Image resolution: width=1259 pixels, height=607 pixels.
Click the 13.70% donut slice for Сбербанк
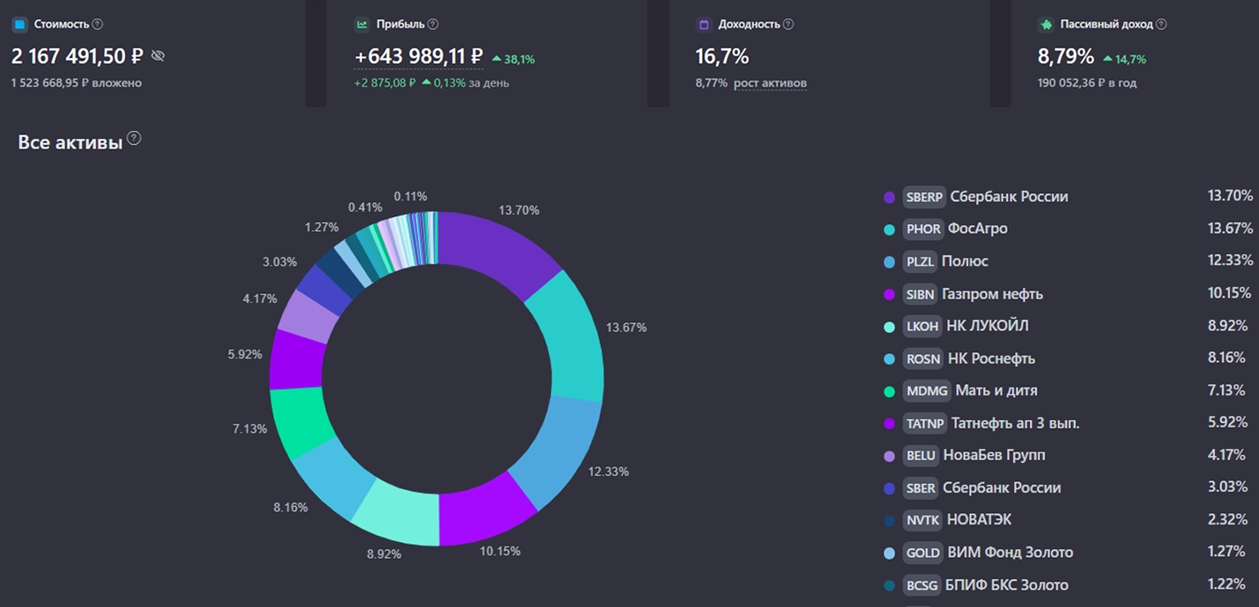coord(496,250)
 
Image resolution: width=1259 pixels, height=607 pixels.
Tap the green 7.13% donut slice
coord(301,422)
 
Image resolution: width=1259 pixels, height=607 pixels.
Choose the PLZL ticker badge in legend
coord(920,262)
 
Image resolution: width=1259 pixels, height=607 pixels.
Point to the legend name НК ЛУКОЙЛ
coord(987,326)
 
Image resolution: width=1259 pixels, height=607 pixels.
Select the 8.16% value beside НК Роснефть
coord(1227,358)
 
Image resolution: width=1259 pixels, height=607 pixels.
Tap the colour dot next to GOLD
coord(889,553)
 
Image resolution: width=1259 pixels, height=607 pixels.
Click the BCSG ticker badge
coord(922,585)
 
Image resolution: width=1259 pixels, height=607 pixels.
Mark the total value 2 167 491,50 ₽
coord(77,57)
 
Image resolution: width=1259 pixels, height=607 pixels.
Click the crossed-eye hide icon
coord(158,56)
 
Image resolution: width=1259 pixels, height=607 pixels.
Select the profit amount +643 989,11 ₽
coord(418,57)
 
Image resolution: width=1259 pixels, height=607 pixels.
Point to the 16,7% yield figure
coord(722,57)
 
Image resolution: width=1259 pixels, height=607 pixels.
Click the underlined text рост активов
coord(771,83)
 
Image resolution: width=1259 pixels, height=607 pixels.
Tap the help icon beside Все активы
coord(134,139)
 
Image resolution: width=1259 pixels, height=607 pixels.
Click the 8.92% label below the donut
coord(383,554)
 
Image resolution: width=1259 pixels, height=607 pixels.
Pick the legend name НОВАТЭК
coord(979,520)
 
